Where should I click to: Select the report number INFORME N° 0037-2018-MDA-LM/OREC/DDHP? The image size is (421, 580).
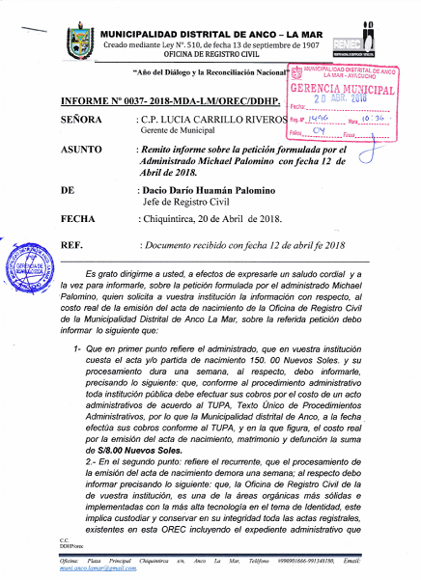pyautogui.click(x=170, y=100)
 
